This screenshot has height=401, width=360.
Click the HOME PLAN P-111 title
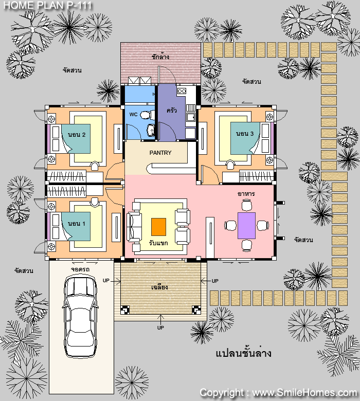(x=48, y=5)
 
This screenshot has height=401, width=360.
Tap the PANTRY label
(x=160, y=153)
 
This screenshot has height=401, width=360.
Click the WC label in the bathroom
(x=133, y=114)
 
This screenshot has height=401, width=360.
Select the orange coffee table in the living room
(x=158, y=227)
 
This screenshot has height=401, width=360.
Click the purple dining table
(x=247, y=226)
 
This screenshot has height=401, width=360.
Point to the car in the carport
(x=80, y=316)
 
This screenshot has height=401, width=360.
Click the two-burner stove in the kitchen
(x=182, y=91)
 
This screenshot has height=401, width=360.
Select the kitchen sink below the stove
(x=191, y=117)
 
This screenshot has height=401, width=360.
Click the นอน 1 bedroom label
(x=77, y=224)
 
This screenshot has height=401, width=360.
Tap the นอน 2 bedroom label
(x=77, y=135)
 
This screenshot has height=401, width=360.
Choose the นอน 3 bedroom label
(x=245, y=134)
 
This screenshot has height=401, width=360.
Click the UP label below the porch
(x=160, y=327)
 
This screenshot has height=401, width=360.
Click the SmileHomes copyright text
(x=278, y=393)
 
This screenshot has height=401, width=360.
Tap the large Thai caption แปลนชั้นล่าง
(x=243, y=353)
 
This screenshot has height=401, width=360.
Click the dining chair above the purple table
(x=247, y=205)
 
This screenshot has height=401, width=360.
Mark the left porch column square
(x=125, y=309)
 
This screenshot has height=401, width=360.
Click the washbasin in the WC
(x=151, y=130)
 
